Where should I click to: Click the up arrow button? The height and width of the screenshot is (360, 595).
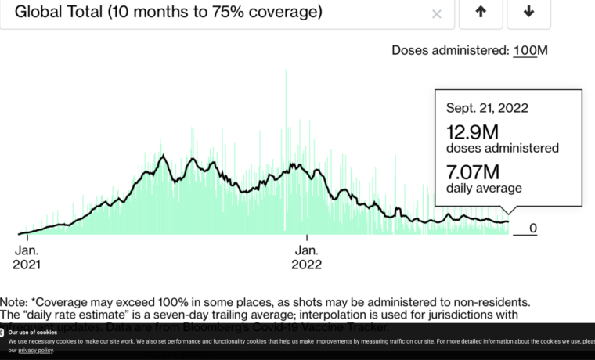pos(481,12)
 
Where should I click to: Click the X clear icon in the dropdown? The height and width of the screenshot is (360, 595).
pos(437,13)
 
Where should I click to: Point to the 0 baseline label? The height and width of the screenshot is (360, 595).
pos(533,229)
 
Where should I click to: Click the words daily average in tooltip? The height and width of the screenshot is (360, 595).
pos(484,188)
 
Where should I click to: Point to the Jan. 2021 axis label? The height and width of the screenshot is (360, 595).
pos(27,257)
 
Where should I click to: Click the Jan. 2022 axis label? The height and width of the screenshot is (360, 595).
pos(306,257)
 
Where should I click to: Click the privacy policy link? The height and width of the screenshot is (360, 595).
pos(36,351)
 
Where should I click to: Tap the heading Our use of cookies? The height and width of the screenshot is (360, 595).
pos(32,333)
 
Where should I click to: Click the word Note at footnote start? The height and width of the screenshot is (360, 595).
pos(14,301)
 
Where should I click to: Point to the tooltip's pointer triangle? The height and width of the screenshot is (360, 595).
pos(510,210)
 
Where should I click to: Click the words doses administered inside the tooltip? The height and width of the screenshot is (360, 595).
pos(503,148)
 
